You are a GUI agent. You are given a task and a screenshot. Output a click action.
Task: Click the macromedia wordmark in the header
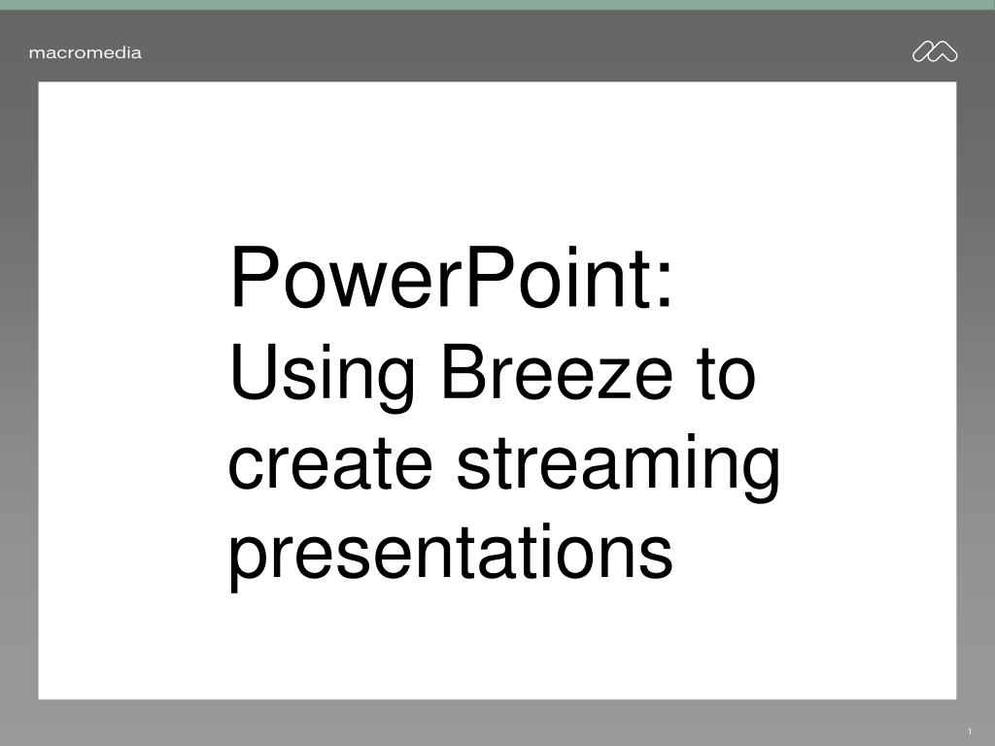(86, 52)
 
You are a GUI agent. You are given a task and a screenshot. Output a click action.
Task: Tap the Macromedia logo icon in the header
(935, 51)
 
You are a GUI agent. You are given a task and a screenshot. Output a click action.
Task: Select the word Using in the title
(322, 376)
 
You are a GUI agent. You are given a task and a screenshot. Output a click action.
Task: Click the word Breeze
(557, 372)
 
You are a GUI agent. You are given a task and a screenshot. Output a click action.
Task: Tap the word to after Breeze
(728, 374)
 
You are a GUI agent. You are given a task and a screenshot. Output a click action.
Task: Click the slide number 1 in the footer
(970, 731)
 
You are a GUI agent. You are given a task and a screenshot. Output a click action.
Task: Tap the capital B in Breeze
(467, 372)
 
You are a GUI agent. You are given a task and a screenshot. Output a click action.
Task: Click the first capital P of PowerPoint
(257, 278)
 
